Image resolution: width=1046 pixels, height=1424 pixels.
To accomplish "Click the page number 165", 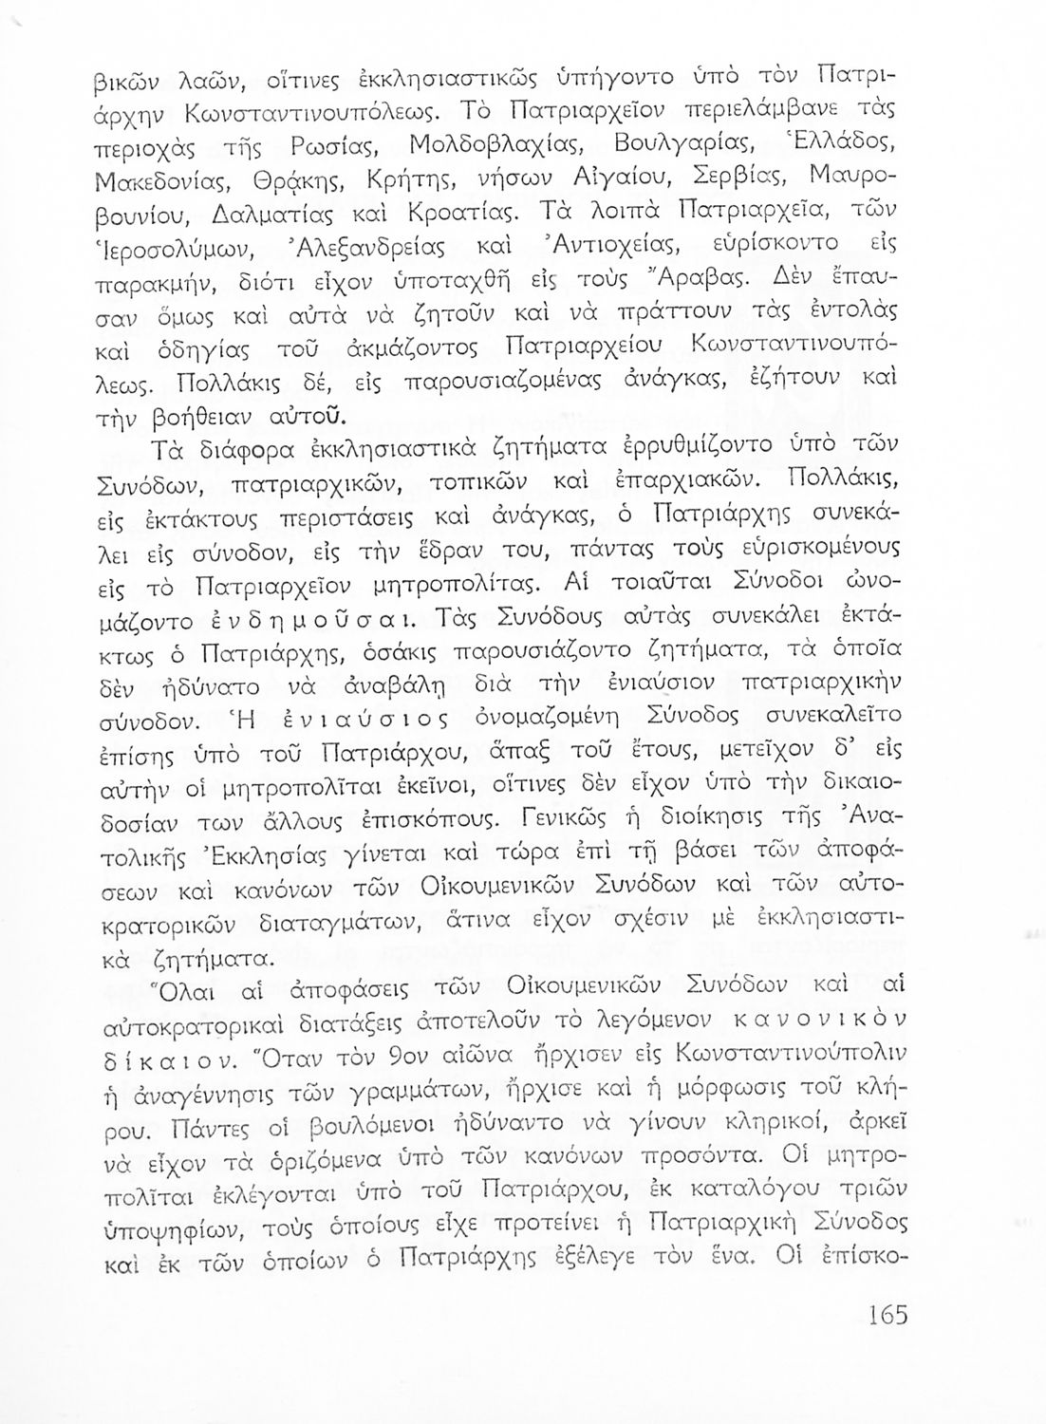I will [x=887, y=1314].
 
